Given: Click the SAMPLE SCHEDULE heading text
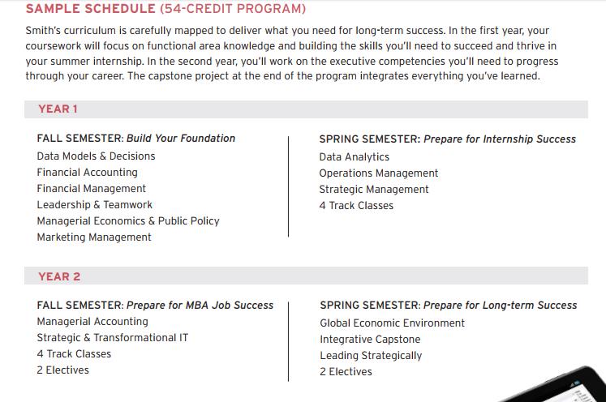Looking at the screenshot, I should (x=90, y=9).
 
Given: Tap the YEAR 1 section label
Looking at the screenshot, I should (x=58, y=109).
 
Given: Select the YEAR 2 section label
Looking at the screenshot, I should (x=59, y=276).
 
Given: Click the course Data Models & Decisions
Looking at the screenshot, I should (x=96, y=156).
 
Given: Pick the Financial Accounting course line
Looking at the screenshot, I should (x=87, y=172).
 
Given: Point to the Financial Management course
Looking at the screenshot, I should (x=91, y=188).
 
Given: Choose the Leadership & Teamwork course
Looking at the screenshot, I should (x=94, y=204).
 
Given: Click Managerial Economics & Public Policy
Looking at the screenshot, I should (x=127, y=220).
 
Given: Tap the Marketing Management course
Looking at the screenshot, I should (x=93, y=237).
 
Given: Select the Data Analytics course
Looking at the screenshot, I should (x=354, y=156).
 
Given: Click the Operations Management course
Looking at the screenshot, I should (x=378, y=173).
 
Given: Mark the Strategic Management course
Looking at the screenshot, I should (x=373, y=189).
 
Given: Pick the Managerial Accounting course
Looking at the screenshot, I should (x=92, y=321).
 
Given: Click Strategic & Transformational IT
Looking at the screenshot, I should (x=112, y=337).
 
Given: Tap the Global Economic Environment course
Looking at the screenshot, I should (x=392, y=323).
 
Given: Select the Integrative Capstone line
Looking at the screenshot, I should (x=370, y=339).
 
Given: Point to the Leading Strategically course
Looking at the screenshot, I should (x=371, y=355).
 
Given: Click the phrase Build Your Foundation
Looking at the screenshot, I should (x=181, y=139).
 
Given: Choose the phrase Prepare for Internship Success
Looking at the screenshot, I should (x=500, y=139).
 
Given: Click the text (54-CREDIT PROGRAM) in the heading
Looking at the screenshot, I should (x=233, y=9).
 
